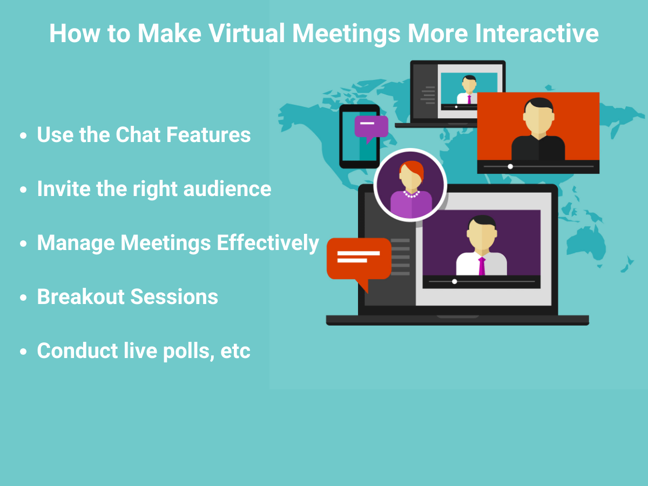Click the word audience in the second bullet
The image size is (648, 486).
[x=227, y=189]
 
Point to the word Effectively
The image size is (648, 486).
[x=268, y=244]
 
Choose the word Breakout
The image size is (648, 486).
[x=80, y=296]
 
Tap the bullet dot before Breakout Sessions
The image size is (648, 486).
[x=23, y=298]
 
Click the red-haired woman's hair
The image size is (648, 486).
[x=413, y=170]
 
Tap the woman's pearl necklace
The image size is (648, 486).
[x=411, y=194]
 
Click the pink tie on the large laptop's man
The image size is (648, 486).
[x=482, y=266]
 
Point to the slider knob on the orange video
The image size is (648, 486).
[x=510, y=166]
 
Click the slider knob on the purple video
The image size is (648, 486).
[x=455, y=281]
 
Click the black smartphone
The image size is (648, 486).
[x=359, y=136]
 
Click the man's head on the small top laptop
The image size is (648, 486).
[x=469, y=84]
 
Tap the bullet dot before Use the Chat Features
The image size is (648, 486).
[x=23, y=136]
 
